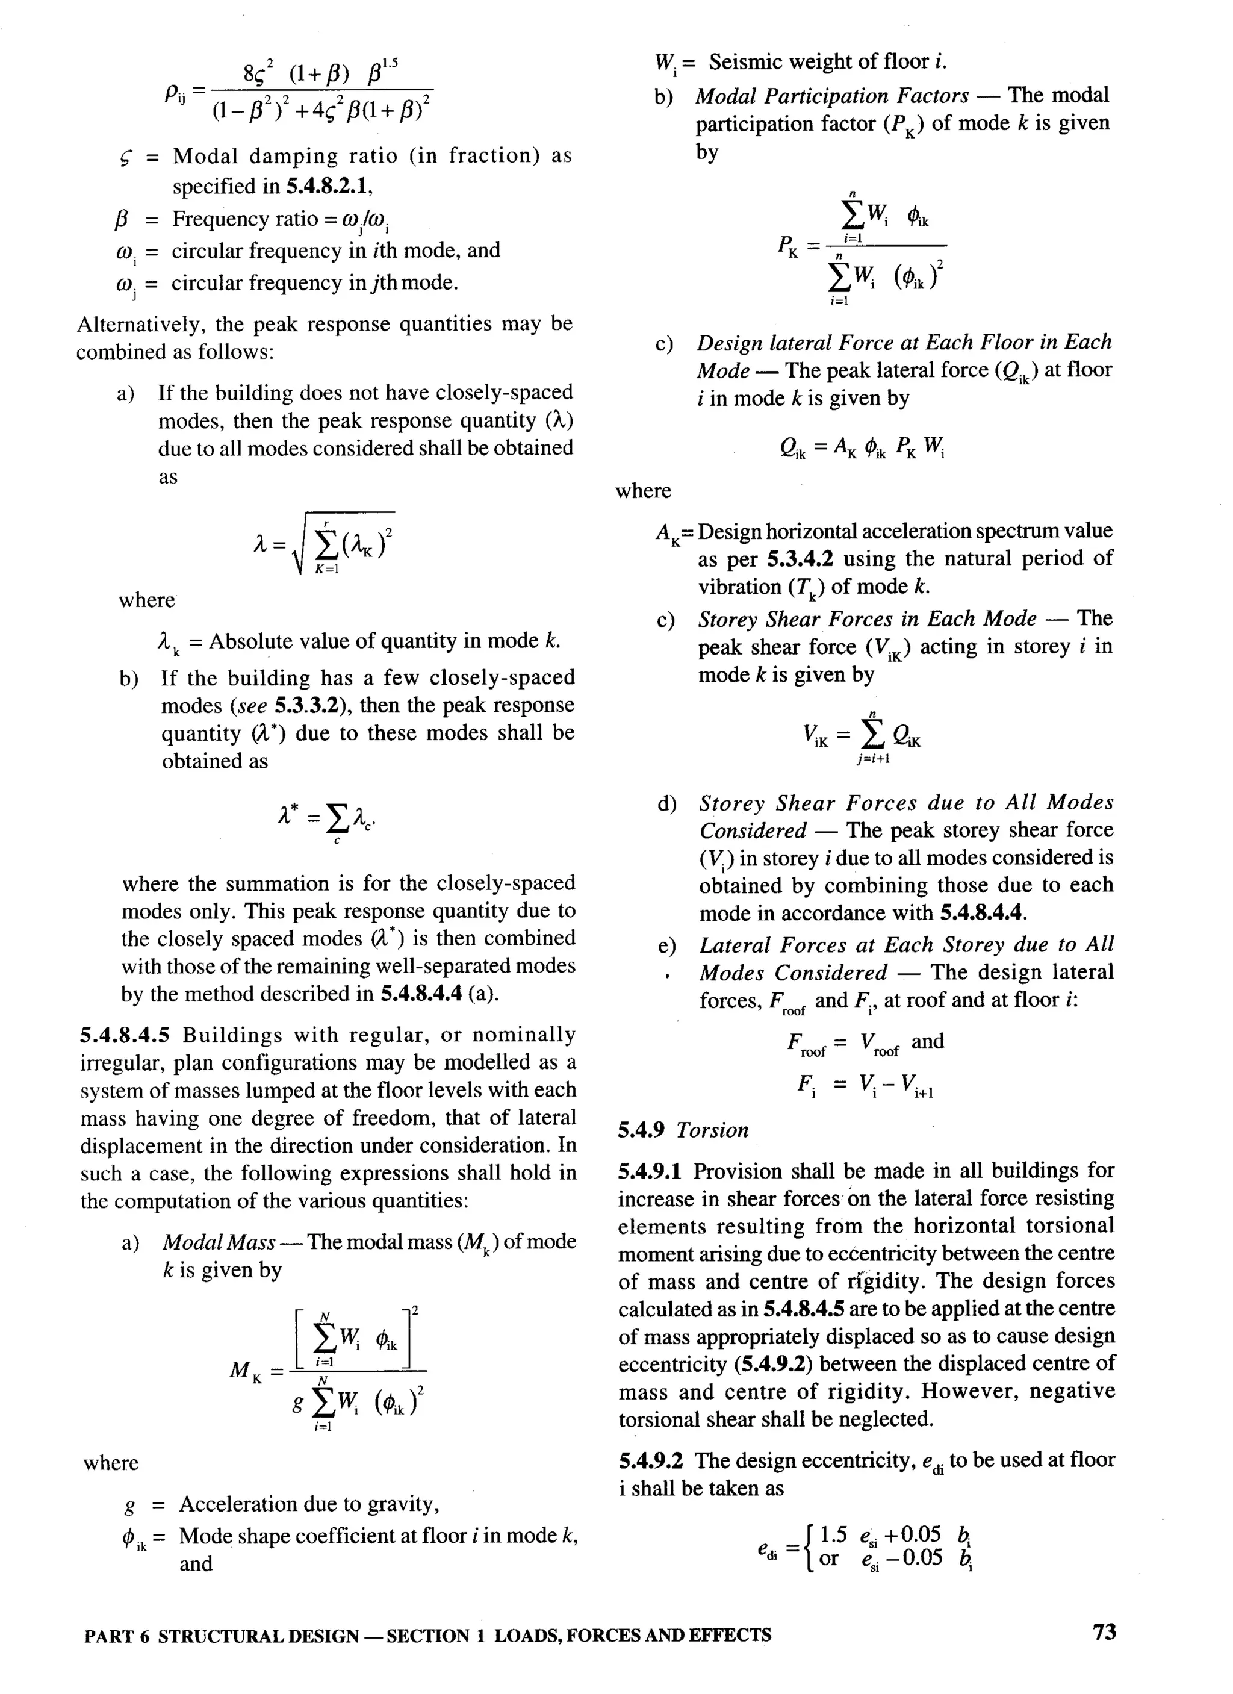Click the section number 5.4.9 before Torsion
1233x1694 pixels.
(641, 1130)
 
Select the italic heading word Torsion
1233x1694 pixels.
(712, 1130)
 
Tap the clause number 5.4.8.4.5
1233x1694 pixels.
(125, 1035)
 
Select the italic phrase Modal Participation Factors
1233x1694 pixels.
(832, 96)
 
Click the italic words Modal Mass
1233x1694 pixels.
(219, 1242)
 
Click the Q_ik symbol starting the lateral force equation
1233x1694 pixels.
(792, 447)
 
